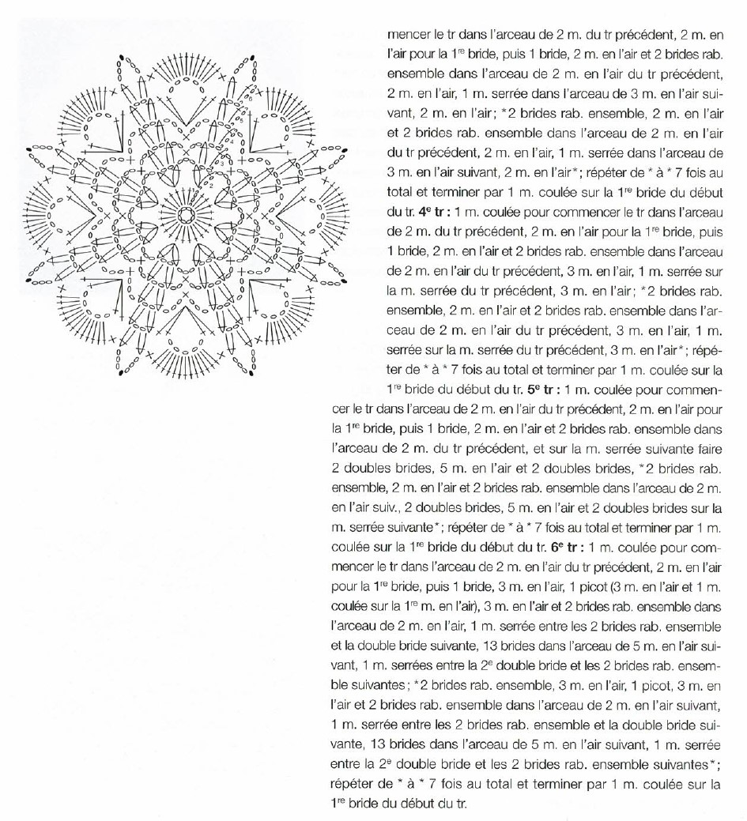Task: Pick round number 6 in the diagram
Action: (x=247, y=100)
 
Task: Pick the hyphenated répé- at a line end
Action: (x=704, y=350)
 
